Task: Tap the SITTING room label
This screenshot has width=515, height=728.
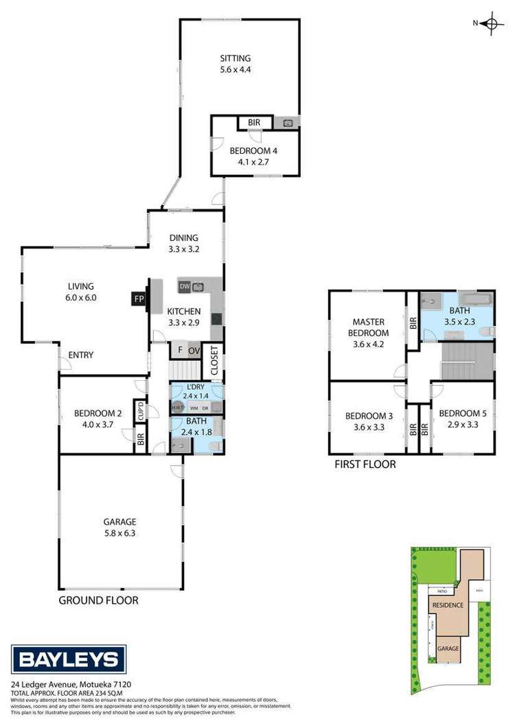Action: (x=235, y=58)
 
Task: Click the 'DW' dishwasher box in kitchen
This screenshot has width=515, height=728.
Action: (x=184, y=286)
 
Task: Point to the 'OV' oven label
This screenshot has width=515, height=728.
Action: (x=194, y=351)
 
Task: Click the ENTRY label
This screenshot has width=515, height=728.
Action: (x=80, y=355)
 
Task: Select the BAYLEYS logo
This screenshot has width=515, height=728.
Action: (x=67, y=660)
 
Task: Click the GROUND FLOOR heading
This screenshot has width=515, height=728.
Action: (x=98, y=600)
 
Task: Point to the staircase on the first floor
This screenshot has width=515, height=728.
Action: (x=468, y=360)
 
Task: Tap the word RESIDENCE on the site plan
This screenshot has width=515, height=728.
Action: (x=448, y=605)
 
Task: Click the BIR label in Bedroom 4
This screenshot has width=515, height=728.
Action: (x=254, y=123)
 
